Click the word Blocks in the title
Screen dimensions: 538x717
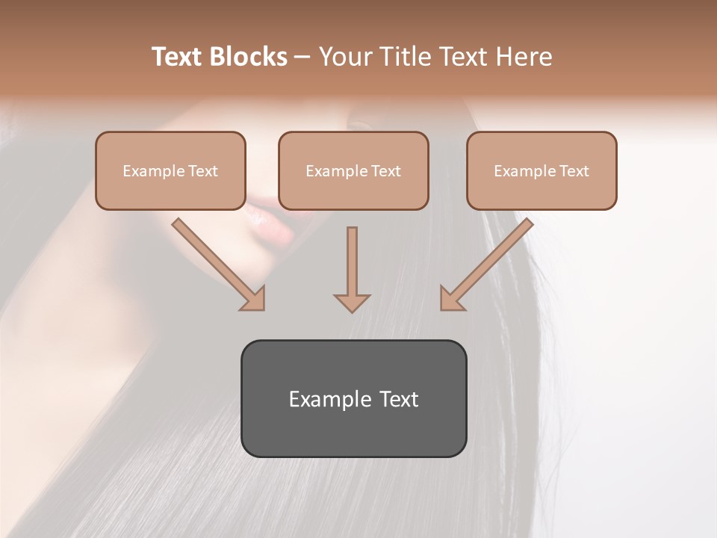(248, 57)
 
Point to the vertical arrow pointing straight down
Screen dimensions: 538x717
(352, 269)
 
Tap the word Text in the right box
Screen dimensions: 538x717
(574, 171)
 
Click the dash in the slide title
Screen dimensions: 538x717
(302, 57)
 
